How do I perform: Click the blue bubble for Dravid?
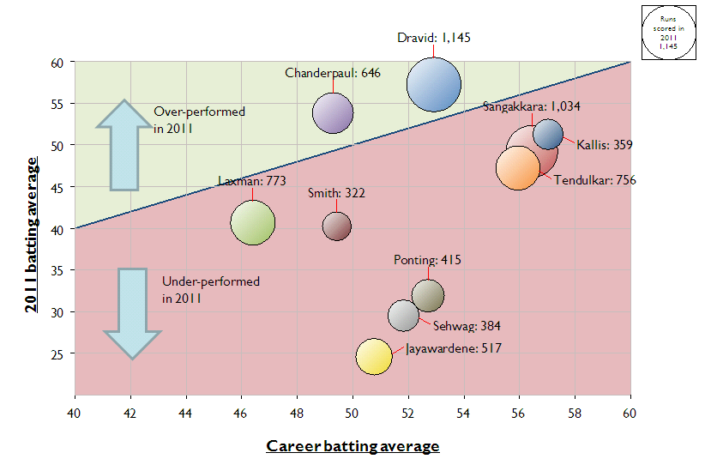tap(434, 84)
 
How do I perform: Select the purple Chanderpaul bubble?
tap(333, 112)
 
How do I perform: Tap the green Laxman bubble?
tap(253, 223)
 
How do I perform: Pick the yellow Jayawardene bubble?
tap(373, 356)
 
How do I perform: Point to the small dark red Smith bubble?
tap(337, 226)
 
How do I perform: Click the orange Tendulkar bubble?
tap(517, 167)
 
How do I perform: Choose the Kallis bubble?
tap(548, 134)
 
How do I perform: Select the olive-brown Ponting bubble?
tap(428, 295)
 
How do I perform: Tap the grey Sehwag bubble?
tap(403, 316)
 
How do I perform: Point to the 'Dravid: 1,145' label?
tap(434, 38)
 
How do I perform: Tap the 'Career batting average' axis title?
tap(352, 445)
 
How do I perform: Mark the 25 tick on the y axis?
tap(59, 353)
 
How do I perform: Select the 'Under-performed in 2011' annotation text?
tap(211, 290)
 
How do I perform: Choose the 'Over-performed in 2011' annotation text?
tap(199, 120)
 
